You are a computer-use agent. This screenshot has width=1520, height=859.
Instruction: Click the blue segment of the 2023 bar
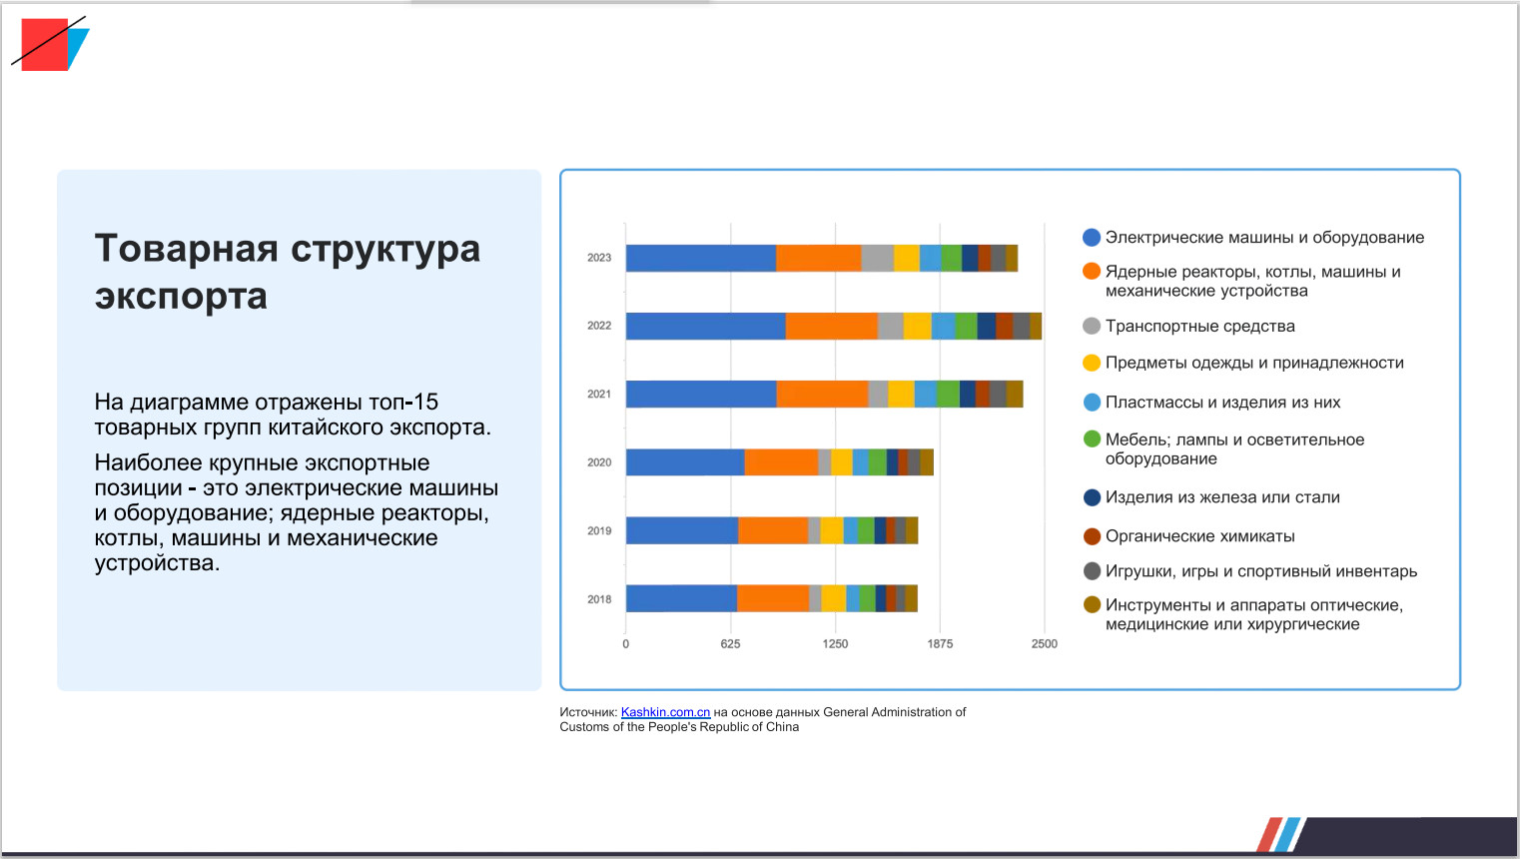pyautogui.click(x=700, y=258)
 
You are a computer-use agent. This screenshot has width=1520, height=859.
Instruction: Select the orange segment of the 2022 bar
pyautogui.click(x=831, y=326)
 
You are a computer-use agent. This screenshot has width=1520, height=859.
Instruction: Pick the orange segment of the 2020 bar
pyautogui.click(x=781, y=462)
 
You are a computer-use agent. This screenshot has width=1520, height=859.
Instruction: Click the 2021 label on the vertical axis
pyautogui.click(x=599, y=395)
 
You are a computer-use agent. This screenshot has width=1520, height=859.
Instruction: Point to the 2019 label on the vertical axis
pyautogui.click(x=599, y=531)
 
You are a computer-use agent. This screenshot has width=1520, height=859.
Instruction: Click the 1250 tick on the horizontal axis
pyautogui.click(x=835, y=644)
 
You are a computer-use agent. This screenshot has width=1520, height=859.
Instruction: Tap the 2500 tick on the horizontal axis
pyautogui.click(x=1044, y=644)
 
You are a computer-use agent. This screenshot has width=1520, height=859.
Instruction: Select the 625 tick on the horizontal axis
pyautogui.click(x=730, y=644)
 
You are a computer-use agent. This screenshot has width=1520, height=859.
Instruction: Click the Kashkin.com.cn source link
pyautogui.click(x=665, y=712)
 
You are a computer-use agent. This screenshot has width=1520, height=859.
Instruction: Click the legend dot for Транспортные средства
pyautogui.click(x=1092, y=326)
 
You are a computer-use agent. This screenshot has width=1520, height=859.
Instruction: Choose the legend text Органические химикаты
pyautogui.click(x=1199, y=536)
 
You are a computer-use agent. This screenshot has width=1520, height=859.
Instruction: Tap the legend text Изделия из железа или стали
pyautogui.click(x=1222, y=497)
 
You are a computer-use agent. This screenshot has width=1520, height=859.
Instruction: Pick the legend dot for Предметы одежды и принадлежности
pyautogui.click(x=1092, y=363)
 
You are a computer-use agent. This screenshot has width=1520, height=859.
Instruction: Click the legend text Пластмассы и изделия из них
pyautogui.click(x=1222, y=403)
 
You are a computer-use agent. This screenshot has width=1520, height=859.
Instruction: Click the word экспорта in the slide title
pyautogui.click(x=181, y=297)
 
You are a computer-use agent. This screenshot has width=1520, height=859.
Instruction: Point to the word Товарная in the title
pyautogui.click(x=186, y=249)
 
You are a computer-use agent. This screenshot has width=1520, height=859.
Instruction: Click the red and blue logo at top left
pyautogui.click(x=50, y=44)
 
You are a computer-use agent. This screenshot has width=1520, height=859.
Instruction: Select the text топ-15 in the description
pyautogui.click(x=403, y=403)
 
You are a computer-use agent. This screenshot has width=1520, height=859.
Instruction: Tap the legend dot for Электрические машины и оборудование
pyautogui.click(x=1092, y=238)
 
